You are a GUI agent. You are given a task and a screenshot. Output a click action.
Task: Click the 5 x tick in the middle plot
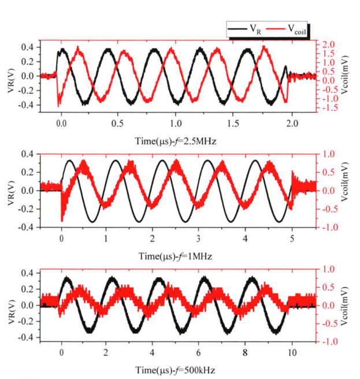292,237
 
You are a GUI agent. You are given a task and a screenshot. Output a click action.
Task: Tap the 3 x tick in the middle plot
199,237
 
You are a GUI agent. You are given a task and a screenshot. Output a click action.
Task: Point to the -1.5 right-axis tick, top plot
328,108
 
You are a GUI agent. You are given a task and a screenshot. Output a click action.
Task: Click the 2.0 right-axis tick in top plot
328,44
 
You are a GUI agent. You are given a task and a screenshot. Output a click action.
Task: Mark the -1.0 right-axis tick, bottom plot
327,341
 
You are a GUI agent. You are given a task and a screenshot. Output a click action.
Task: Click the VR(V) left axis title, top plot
9,75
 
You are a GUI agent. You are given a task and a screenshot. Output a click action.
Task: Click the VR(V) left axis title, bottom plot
9,305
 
